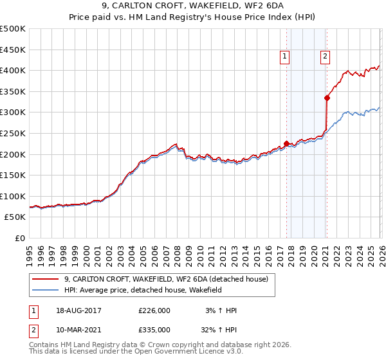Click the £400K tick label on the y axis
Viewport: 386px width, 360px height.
pos(13,70)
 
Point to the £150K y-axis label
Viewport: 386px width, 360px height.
pos(13,175)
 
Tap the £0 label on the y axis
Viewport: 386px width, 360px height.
pos(21,238)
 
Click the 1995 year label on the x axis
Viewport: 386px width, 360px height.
pos(30,250)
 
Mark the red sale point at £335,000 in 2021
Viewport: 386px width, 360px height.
pos(327,98)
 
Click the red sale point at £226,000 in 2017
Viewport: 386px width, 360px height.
pos(286,143)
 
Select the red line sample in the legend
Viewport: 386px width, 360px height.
pos(46,279)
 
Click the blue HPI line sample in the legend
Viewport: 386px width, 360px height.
pos(46,291)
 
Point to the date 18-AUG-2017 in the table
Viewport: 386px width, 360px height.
pos(78,310)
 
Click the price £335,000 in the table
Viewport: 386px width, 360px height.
pos(154,329)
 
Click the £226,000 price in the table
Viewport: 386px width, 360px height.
pos(154,310)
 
